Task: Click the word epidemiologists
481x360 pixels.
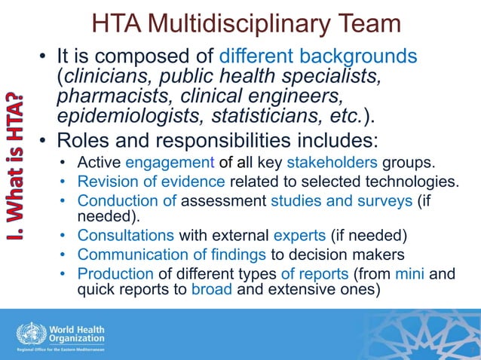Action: click(x=125, y=117)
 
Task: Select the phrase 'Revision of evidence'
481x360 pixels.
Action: click(x=152, y=181)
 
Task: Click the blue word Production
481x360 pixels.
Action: click(x=114, y=273)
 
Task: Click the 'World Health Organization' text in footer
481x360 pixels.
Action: click(x=77, y=334)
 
